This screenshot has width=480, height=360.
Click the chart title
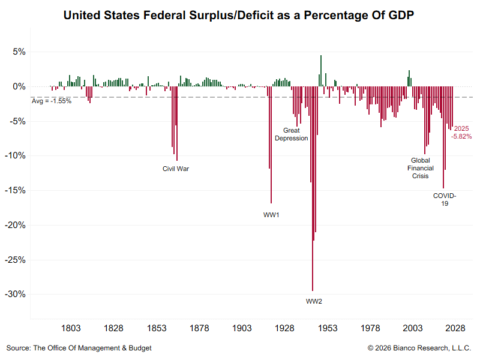click(x=239, y=14)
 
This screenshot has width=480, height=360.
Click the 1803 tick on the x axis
click(x=71, y=328)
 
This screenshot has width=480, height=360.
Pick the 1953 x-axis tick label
click(x=328, y=328)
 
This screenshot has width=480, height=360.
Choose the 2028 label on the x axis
click(x=456, y=328)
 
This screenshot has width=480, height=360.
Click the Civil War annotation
click(x=176, y=169)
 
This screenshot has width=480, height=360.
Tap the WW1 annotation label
click(x=271, y=215)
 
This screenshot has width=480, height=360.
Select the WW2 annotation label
click(x=314, y=301)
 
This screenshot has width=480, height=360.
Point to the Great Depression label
click(x=291, y=134)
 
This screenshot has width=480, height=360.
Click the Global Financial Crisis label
click(x=419, y=168)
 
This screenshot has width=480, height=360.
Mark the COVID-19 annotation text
click(x=445, y=200)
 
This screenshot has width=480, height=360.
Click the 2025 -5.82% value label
click(x=461, y=133)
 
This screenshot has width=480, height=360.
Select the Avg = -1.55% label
click(x=52, y=101)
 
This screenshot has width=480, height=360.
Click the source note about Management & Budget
click(x=79, y=348)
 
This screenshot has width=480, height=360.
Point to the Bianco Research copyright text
click(x=420, y=348)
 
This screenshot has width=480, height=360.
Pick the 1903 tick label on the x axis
click(x=242, y=328)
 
